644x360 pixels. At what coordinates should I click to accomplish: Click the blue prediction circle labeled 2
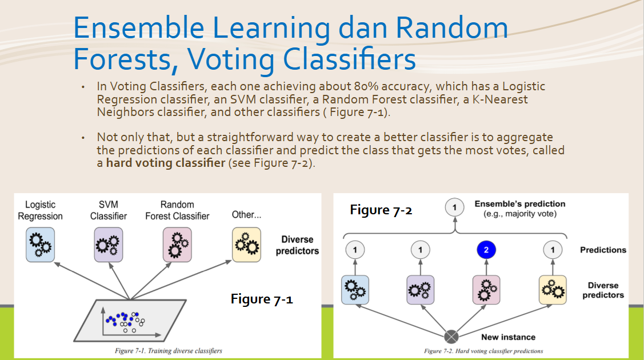click(486, 250)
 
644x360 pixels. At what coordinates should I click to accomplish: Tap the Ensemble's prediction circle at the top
click(454, 207)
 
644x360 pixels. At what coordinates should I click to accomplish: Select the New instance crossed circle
click(451, 337)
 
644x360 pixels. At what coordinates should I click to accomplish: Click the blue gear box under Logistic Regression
click(40, 245)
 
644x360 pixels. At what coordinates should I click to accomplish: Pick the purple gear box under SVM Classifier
click(109, 245)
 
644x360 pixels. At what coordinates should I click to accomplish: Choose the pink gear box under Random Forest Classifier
click(177, 245)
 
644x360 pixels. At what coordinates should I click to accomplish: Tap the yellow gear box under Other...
click(246, 245)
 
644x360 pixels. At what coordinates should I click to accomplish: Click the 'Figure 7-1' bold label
click(262, 299)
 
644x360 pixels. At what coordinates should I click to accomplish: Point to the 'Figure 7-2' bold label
click(381, 210)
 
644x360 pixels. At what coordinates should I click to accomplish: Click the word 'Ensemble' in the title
click(139, 27)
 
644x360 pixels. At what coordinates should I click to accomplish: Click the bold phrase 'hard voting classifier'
click(166, 163)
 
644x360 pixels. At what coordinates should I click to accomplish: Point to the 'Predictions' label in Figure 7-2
click(603, 250)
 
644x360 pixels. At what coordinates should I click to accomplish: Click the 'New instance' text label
click(508, 337)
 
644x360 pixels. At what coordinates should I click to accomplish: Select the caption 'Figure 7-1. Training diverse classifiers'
click(169, 350)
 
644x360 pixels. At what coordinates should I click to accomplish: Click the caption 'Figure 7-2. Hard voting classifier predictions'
click(483, 351)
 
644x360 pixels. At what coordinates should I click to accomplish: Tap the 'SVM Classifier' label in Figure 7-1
click(109, 210)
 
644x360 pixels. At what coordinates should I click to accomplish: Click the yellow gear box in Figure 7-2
click(553, 290)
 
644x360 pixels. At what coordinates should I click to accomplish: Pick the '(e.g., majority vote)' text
click(520, 214)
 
